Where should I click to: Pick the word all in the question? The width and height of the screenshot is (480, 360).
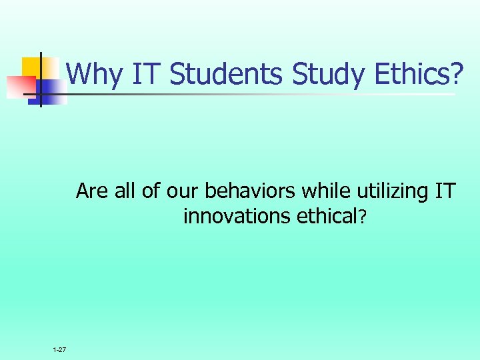point(124,191)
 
